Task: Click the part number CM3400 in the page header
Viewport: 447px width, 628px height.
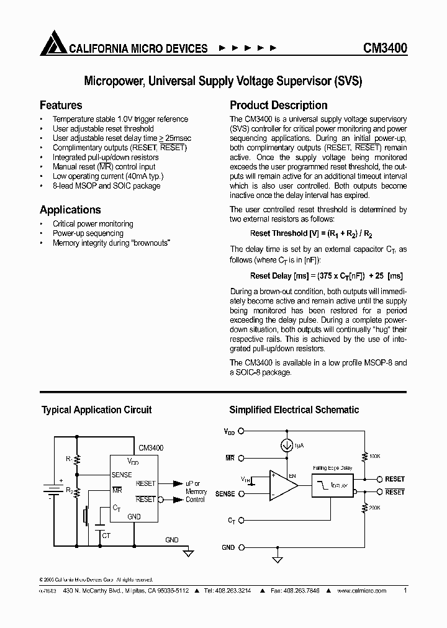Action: tap(385, 48)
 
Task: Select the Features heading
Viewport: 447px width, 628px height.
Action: tap(61, 105)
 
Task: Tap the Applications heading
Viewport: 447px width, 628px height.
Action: tap(70, 210)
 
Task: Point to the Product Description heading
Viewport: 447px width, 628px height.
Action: tap(279, 105)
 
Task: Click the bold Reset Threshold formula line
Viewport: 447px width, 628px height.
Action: tap(311, 234)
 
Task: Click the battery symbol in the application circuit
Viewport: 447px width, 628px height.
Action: tap(49, 488)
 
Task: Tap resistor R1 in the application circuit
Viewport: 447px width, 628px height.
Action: tap(78, 460)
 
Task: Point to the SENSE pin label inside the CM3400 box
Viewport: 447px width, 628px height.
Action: tap(122, 475)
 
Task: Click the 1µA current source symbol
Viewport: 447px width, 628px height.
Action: tap(287, 445)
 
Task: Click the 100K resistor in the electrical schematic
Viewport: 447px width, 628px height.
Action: tap(364, 455)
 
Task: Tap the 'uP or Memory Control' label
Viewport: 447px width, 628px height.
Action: tap(196, 491)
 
